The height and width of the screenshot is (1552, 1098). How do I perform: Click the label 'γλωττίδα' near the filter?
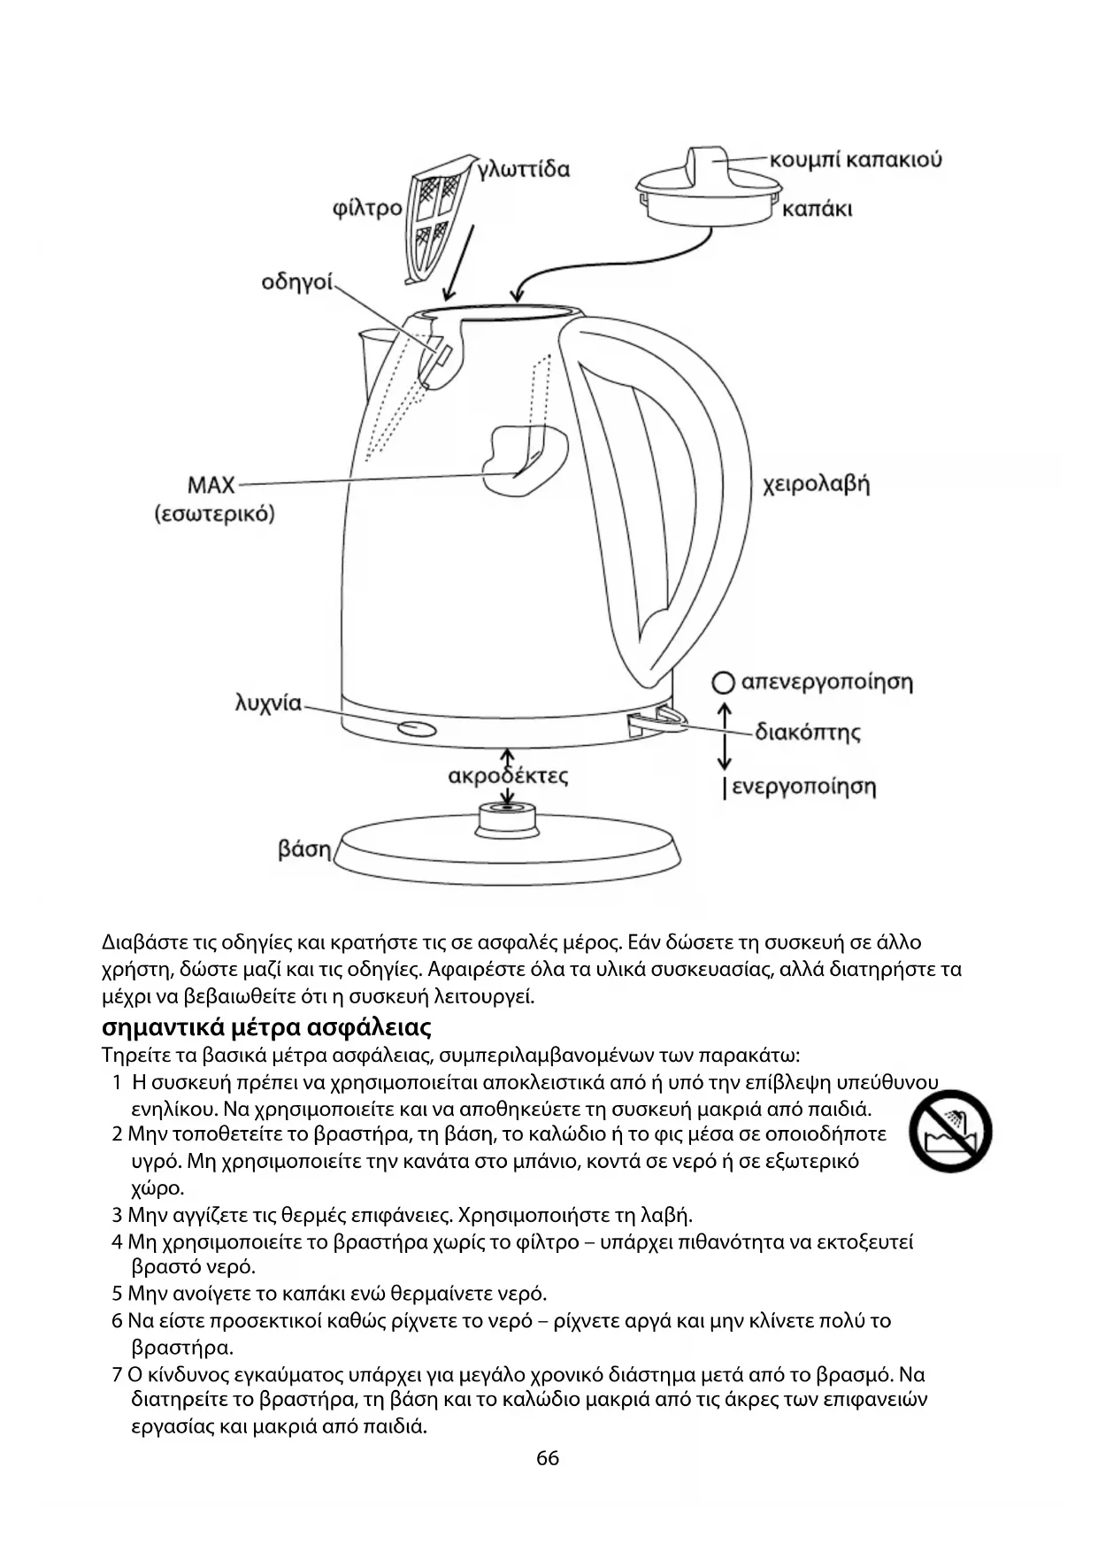[523, 169]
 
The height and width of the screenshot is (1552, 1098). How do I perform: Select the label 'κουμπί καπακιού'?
[856, 160]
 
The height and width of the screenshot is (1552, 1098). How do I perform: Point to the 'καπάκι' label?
[818, 210]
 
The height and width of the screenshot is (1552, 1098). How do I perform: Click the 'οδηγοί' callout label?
[297, 282]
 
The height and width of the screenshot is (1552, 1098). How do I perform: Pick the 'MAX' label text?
[211, 485]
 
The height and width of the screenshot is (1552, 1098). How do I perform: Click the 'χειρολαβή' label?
[817, 484]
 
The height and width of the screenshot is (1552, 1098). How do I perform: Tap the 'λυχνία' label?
[268, 703]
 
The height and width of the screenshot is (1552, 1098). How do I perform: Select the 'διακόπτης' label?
[807, 733]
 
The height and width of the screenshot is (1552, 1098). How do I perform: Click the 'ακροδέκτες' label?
[508, 777]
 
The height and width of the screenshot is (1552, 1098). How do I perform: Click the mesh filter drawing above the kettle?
[435, 219]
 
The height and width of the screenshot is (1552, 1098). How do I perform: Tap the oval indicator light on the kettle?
[417, 728]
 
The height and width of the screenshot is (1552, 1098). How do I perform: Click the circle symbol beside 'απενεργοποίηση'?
[724, 682]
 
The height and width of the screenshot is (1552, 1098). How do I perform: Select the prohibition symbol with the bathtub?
[950, 1131]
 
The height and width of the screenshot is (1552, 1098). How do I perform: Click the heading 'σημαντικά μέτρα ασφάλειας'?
[266, 1027]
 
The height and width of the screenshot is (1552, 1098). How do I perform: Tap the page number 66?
[548, 1458]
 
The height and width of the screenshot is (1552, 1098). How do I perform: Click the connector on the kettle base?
[507, 818]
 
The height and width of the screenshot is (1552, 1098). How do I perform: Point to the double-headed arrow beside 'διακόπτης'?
[725, 736]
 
